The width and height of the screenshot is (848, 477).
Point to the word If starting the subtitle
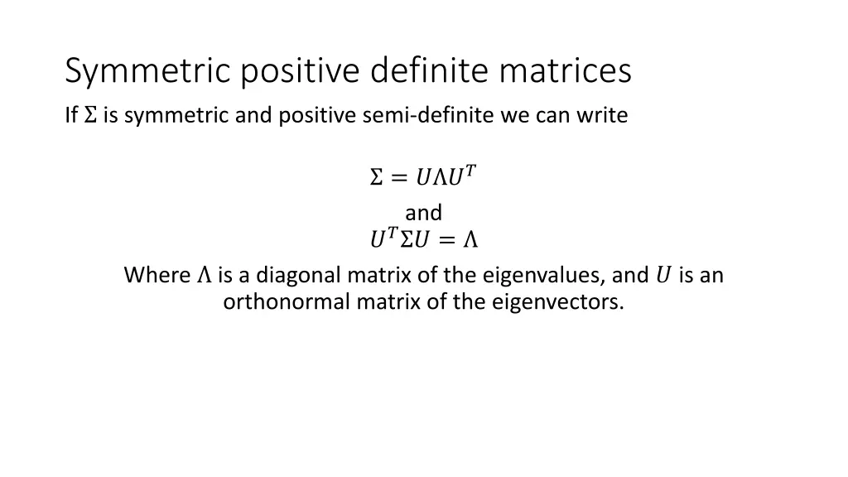click(x=71, y=116)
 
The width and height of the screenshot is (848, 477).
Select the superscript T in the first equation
click(x=470, y=171)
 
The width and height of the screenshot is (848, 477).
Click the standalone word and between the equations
click(x=423, y=213)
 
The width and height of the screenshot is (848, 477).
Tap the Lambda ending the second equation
click(x=470, y=241)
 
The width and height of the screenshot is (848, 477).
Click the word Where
click(x=157, y=275)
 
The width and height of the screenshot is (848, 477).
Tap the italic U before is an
click(x=662, y=275)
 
